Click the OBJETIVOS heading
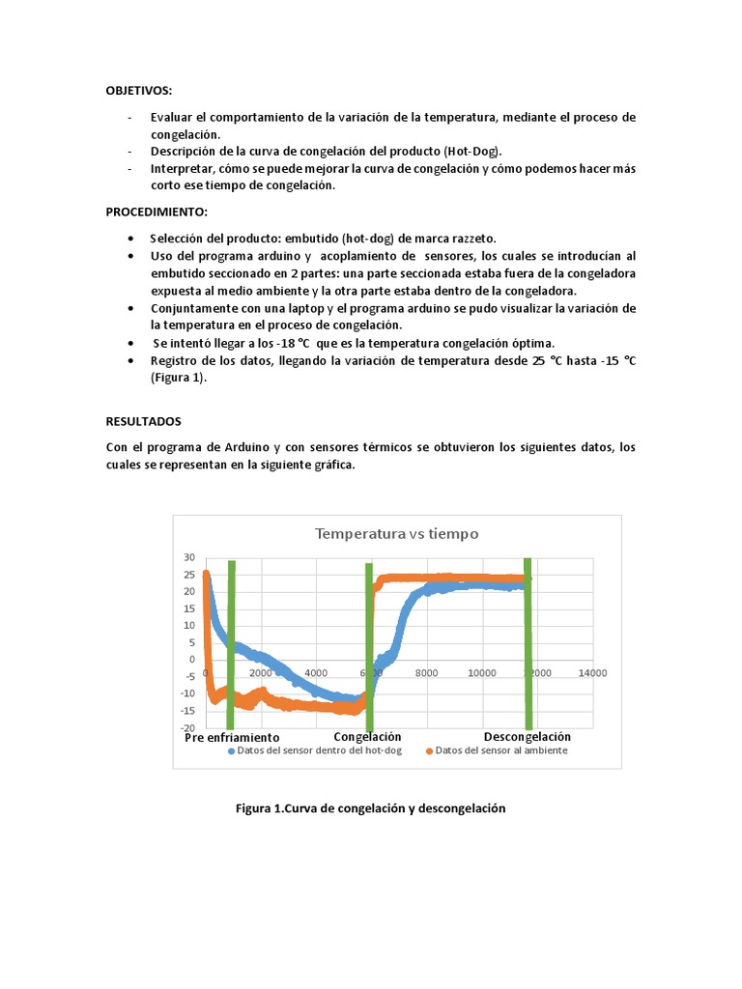pos(139,91)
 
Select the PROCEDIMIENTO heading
pos(156,212)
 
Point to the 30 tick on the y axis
pos(189,558)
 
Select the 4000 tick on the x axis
pos(315,673)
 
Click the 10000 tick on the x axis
pos(481,673)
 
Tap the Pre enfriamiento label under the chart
pos(232,738)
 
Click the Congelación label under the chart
pos(367,737)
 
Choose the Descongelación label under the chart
pos(527,737)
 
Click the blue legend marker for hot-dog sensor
pos(231,750)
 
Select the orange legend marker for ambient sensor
pos(429,750)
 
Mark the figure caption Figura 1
pos(371,807)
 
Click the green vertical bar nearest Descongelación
pos(528,642)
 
